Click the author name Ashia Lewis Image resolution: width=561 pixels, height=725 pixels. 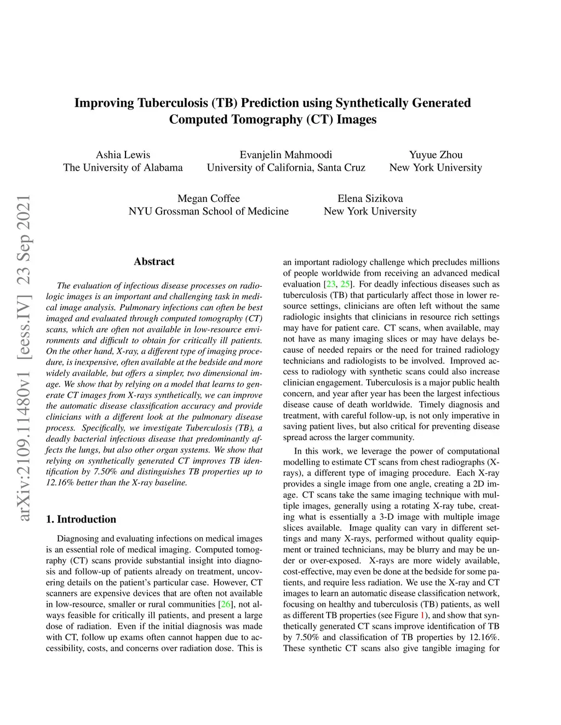coord(123,155)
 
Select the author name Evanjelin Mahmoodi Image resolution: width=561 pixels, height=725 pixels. coord(285,155)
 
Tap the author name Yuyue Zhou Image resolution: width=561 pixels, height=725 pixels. coord(436,155)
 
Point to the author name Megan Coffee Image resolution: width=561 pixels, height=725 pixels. coord(208,199)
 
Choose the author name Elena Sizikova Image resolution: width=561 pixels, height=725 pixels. coord(370,199)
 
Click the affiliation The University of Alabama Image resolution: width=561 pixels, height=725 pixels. coord(123,167)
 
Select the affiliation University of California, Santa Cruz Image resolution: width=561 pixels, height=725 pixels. coord(285,167)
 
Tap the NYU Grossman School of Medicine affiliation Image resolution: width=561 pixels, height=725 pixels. coord(208,211)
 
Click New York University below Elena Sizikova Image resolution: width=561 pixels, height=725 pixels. coord(370,211)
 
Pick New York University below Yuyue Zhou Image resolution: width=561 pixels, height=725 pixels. coord(436,167)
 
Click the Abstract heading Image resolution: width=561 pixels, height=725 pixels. coord(154,262)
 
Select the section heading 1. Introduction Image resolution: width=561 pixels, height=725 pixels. coord(81,519)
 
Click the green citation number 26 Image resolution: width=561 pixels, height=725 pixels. coord(225,605)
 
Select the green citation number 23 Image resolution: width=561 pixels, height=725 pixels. coord(330,285)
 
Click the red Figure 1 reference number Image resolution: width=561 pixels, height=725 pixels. coord(422,616)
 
